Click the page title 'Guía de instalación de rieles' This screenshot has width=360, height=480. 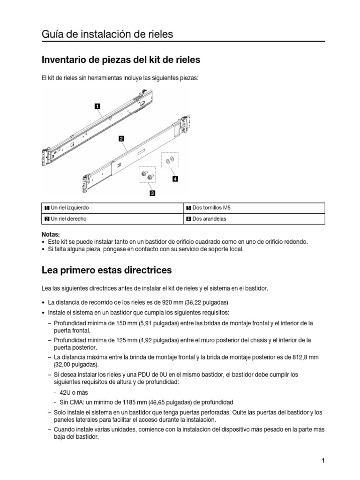click(x=107, y=34)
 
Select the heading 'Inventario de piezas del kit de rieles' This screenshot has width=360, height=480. click(x=121, y=60)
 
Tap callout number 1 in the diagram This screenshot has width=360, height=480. click(x=97, y=106)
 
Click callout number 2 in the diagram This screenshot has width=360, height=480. click(x=121, y=139)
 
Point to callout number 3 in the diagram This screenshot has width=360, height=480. click(x=152, y=192)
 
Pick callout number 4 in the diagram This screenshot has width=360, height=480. click(x=175, y=179)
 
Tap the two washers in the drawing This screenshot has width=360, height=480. click(x=170, y=161)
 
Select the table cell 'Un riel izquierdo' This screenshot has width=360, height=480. click(x=70, y=208)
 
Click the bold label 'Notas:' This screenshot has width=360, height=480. click(x=51, y=234)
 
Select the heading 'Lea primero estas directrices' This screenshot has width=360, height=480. click(x=106, y=270)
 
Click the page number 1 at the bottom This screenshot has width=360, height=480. click(x=323, y=460)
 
